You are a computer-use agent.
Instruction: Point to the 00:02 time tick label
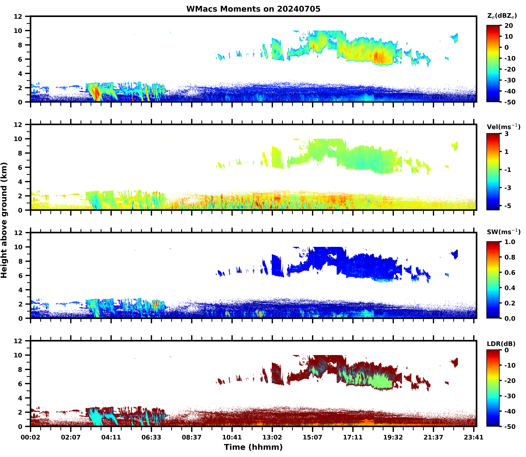[31, 437]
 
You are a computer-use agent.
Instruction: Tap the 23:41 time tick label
[474, 437]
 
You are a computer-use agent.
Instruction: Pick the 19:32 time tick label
[393, 437]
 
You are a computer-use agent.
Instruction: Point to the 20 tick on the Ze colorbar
[509, 26]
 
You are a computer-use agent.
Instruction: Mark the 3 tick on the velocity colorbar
[507, 134]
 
